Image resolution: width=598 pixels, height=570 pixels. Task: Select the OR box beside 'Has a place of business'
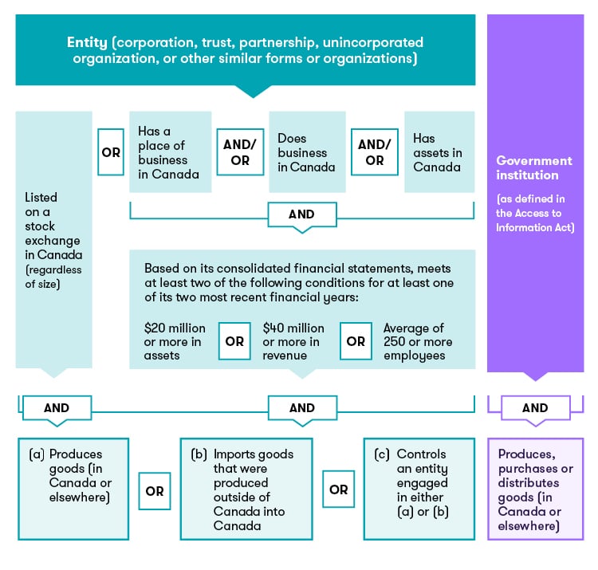(x=111, y=151)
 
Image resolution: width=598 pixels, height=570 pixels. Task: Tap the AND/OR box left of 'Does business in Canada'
(x=240, y=151)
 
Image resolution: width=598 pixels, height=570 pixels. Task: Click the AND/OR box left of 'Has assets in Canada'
(x=375, y=151)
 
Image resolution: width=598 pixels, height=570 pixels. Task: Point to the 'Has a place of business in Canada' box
(x=170, y=151)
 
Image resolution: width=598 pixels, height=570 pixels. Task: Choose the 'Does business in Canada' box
(x=303, y=151)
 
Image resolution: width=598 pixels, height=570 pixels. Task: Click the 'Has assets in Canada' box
(x=439, y=151)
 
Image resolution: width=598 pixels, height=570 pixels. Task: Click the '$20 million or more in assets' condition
(x=175, y=341)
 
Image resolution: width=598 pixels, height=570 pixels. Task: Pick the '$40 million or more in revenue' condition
(x=293, y=341)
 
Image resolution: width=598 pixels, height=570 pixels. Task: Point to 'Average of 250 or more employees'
(x=418, y=341)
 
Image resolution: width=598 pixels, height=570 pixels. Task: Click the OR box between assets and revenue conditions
(x=234, y=341)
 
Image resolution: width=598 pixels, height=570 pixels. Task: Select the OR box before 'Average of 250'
(x=356, y=341)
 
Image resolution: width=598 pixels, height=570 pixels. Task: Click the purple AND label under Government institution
(x=534, y=407)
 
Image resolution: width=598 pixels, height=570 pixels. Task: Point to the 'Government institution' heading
(x=534, y=167)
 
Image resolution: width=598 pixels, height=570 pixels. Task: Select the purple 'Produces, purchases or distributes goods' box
(x=535, y=489)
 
